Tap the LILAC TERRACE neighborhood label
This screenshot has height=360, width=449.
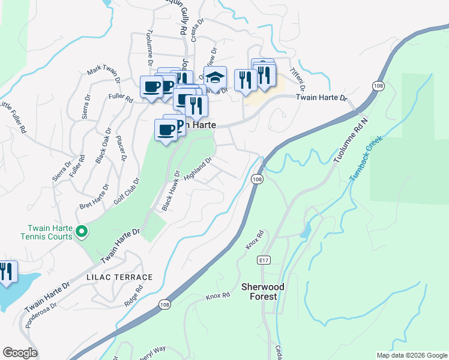click(119, 277)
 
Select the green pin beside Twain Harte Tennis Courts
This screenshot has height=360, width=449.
click(83, 231)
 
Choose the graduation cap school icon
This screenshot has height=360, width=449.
click(214, 77)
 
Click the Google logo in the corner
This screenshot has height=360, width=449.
click(20, 353)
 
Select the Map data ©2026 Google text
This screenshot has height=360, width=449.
click(411, 355)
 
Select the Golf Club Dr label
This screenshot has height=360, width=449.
click(127, 191)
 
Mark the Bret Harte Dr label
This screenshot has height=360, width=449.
click(94, 198)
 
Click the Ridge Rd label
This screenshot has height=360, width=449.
click(134, 296)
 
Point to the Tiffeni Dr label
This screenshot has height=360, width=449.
click(298, 76)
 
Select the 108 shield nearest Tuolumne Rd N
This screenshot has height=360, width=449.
click(378, 86)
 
